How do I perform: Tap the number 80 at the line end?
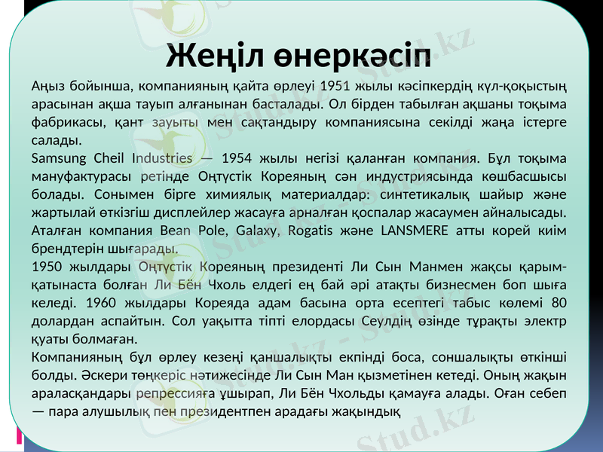(x=558, y=303)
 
